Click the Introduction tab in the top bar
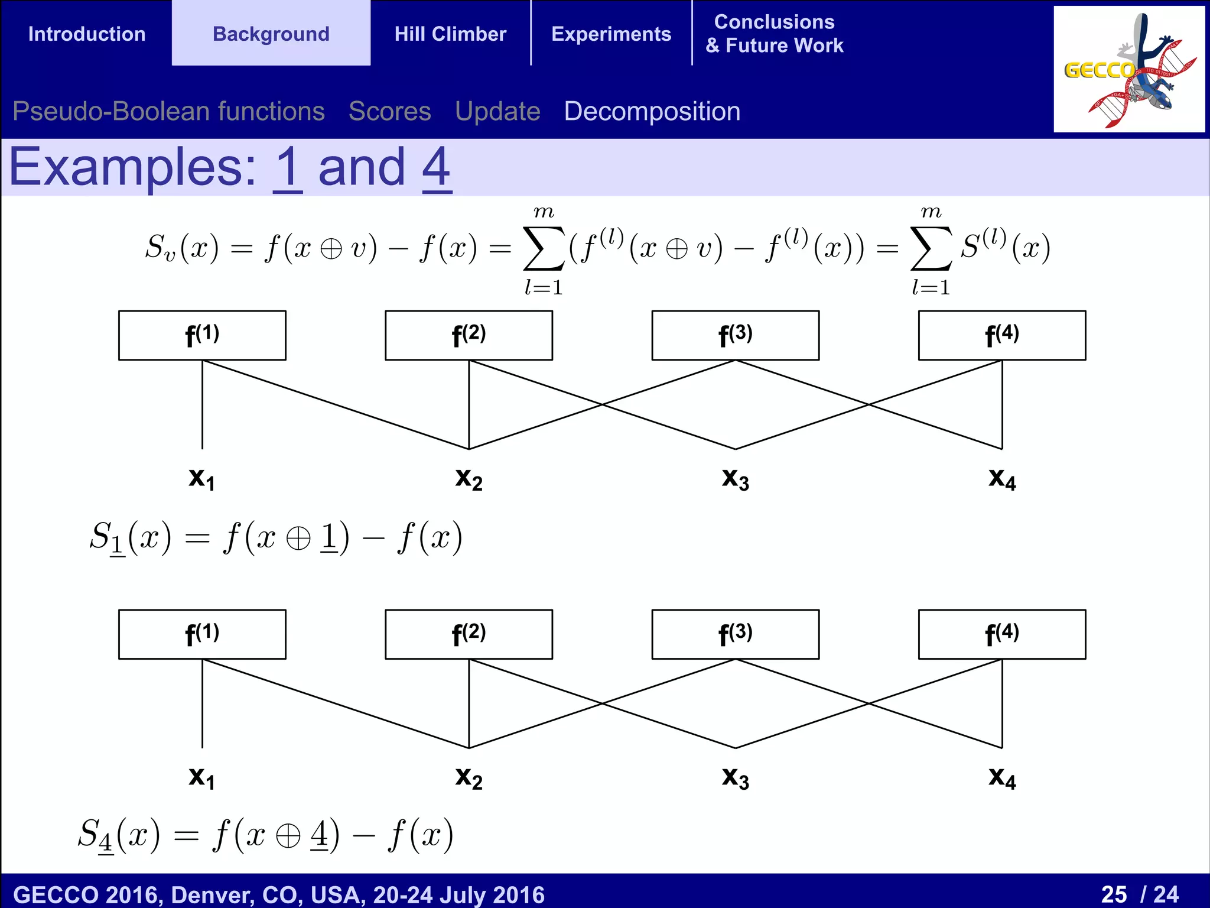87,34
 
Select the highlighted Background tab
271,34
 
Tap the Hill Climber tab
450,34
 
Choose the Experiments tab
611,34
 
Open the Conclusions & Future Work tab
774,34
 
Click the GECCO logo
1128,70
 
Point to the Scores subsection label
390,111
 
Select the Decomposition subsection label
652,111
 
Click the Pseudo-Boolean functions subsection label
168,111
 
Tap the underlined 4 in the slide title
437,168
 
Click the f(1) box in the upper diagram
202,335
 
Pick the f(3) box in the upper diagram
735,335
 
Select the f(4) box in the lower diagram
1001,634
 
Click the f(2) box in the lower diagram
469,634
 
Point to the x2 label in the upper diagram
469,478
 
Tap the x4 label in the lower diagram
1002,777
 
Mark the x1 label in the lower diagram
202,777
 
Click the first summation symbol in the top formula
543,248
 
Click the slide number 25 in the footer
1114,894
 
